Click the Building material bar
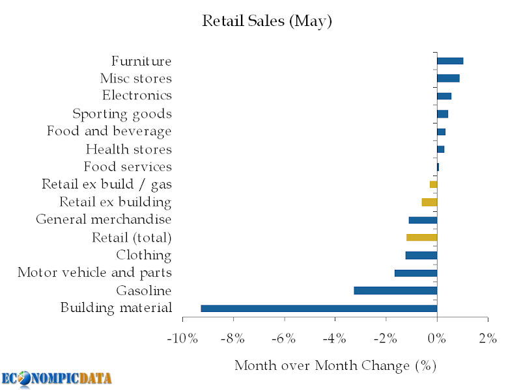pos(318,308)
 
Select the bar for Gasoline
pos(395,291)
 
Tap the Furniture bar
pos(450,61)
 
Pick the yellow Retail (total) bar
pos(421,237)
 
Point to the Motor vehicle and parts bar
pos(415,273)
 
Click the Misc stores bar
pos(448,79)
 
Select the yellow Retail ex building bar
pos(429,202)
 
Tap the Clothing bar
pos(421,255)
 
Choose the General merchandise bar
pos(423,220)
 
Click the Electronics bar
pos(444,96)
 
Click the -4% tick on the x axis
pos(335,339)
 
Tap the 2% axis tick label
pos(488,339)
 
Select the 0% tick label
pos(437,339)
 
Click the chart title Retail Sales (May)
pos(267,21)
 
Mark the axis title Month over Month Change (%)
pos(335,365)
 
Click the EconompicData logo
pos(57,378)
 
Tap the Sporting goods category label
pos(122,114)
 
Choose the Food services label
pos(128,167)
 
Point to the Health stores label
pos(128,149)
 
